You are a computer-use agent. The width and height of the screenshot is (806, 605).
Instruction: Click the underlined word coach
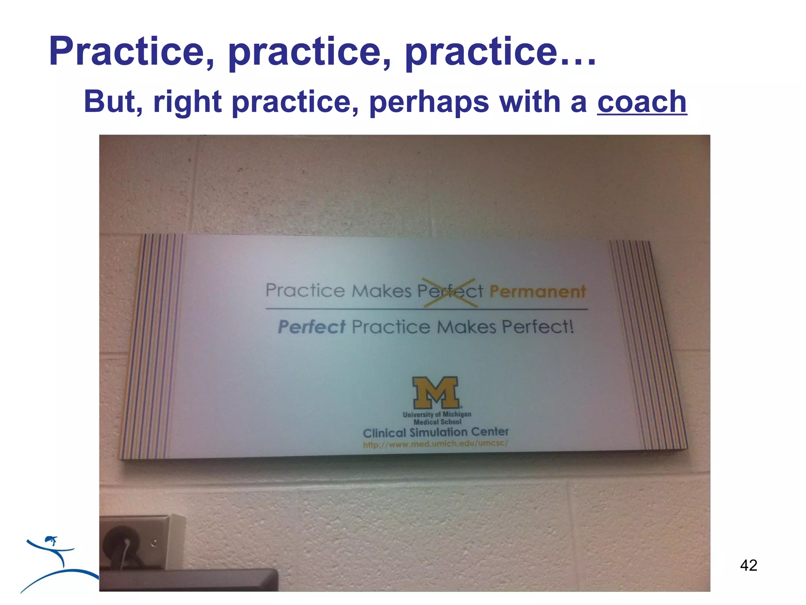(642, 102)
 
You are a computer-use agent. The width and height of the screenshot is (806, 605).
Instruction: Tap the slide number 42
(748, 565)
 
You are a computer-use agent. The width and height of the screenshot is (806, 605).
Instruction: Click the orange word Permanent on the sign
(537, 292)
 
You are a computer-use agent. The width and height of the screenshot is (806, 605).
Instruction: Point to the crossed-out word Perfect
(450, 291)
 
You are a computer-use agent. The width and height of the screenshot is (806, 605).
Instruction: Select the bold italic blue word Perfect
(312, 327)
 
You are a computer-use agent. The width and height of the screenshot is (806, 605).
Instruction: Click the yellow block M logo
(436, 392)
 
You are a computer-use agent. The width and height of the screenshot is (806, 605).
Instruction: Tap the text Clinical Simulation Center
(436, 432)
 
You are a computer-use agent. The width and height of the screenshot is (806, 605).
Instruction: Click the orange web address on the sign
(435, 444)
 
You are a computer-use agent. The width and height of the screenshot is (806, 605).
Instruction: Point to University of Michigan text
(437, 414)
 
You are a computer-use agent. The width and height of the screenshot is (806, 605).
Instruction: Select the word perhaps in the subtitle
(429, 102)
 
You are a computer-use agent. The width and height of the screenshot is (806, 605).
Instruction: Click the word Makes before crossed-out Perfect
(381, 291)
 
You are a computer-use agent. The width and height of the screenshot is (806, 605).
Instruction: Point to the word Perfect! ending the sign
(538, 327)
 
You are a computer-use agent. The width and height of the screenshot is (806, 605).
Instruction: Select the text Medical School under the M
(437, 422)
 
